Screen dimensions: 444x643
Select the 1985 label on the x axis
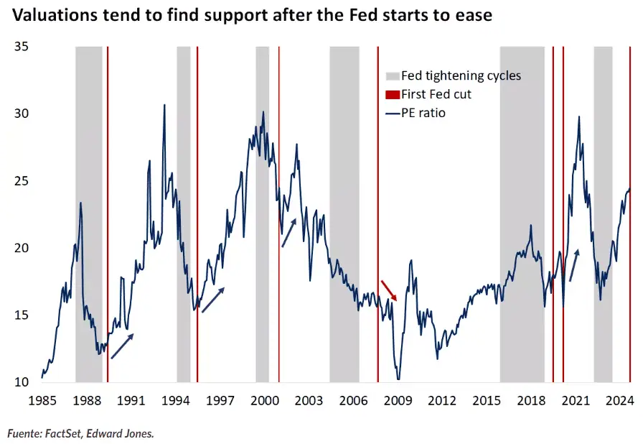coord(42,402)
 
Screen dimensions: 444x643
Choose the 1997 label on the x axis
coord(220,402)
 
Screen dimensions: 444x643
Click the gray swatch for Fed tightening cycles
coord(392,76)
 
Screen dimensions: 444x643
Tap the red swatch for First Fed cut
coord(392,94)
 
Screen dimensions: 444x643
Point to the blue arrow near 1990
coord(122,346)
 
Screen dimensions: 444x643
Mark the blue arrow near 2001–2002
coord(288,233)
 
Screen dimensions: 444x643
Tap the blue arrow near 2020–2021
coord(574,265)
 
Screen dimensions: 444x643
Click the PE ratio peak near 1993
coord(164,105)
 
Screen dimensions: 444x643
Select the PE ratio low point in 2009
coord(398,379)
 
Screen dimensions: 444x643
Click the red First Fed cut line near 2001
coord(279,216)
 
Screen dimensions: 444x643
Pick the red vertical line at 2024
coord(630,216)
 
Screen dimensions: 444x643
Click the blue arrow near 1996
coord(213,300)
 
